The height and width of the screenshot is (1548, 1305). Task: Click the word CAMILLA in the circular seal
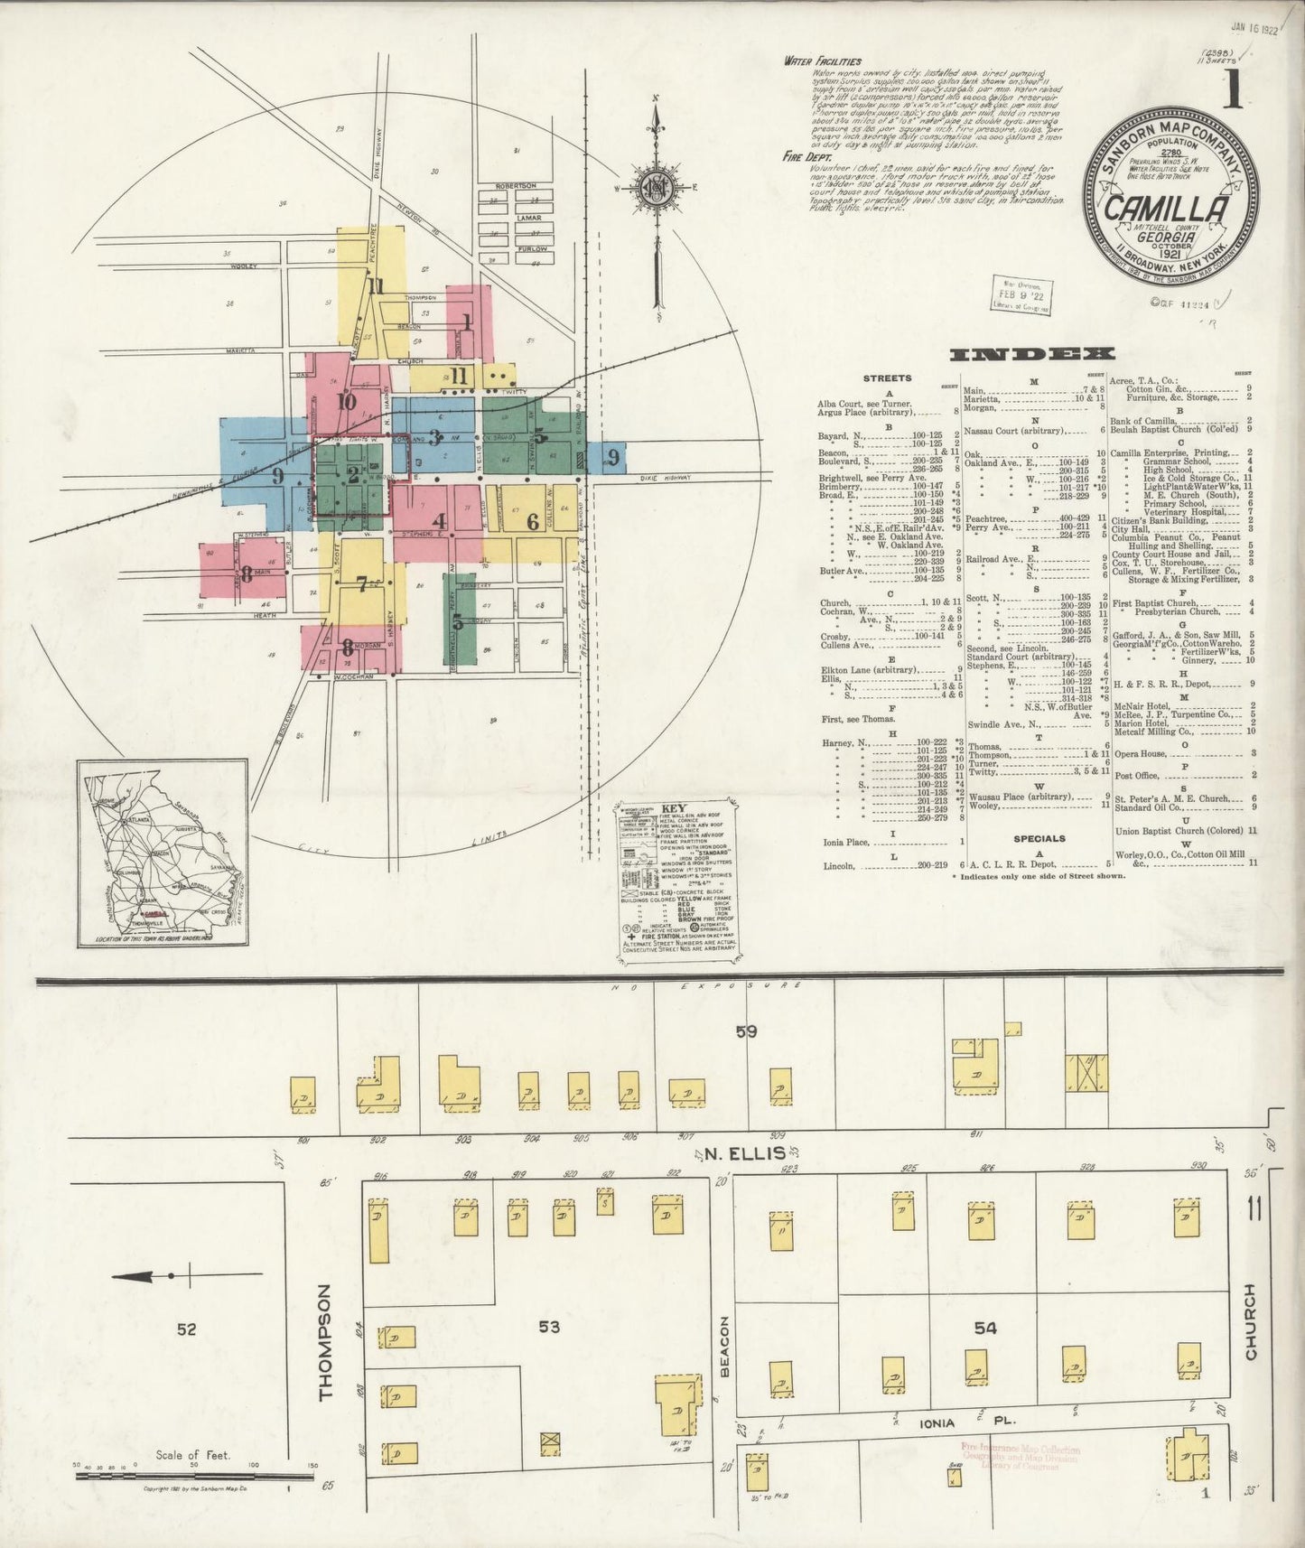click(1166, 209)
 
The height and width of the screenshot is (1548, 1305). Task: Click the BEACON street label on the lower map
click(723, 1345)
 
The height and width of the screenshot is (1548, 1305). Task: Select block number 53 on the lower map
click(549, 1326)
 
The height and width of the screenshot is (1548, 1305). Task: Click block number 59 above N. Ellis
click(746, 1030)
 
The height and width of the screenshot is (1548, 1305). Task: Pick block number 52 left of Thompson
click(186, 1329)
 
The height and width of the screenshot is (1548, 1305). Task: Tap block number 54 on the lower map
click(985, 1326)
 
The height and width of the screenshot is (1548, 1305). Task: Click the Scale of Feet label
click(192, 1455)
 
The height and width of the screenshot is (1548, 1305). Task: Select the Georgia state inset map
click(163, 852)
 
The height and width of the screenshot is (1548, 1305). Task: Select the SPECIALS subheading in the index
click(1039, 838)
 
